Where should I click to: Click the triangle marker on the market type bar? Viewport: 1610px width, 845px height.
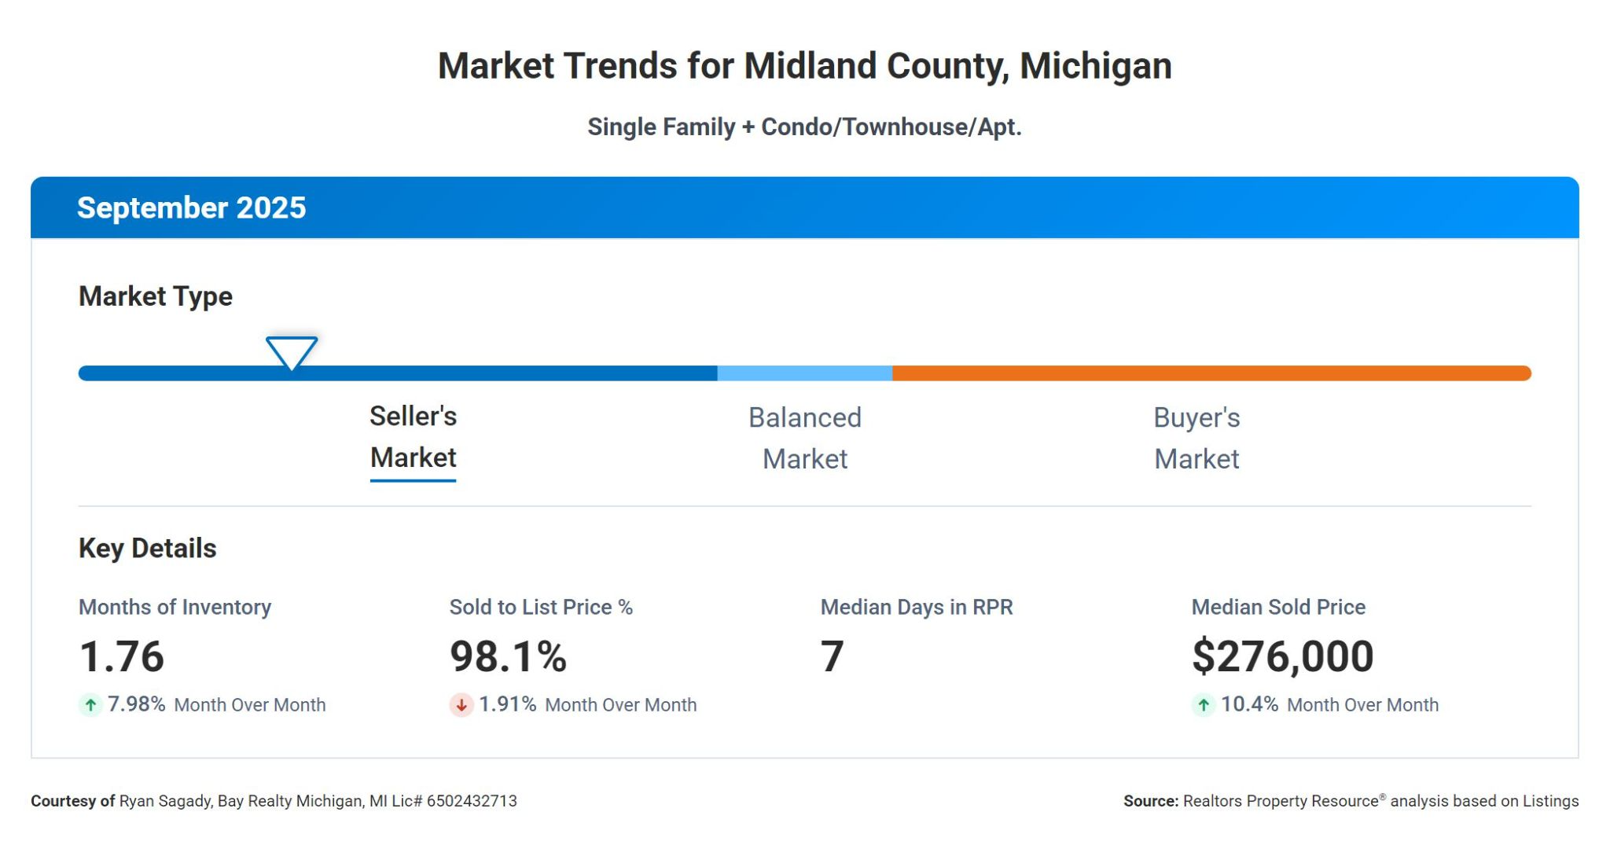click(x=292, y=351)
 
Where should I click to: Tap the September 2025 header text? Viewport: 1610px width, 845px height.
click(x=191, y=208)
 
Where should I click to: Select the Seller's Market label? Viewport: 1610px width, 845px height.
click(x=413, y=437)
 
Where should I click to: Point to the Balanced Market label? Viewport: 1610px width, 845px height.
click(x=804, y=438)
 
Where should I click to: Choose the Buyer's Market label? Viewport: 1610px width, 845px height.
click(x=1196, y=438)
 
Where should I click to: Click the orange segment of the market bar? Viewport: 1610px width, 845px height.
click(x=1211, y=373)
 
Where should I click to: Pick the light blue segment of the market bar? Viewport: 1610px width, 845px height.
click(x=804, y=373)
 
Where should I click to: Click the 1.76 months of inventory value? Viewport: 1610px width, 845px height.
click(x=122, y=656)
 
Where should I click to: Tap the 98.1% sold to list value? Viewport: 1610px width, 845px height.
click(x=508, y=656)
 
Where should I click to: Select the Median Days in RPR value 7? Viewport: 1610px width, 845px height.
click(x=832, y=656)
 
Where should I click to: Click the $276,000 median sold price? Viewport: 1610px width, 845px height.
click(x=1282, y=656)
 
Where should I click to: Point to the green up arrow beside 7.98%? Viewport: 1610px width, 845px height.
click(x=91, y=705)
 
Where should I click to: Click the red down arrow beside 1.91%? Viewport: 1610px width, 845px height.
click(x=461, y=705)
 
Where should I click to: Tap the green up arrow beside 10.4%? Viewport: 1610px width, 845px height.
click(x=1204, y=705)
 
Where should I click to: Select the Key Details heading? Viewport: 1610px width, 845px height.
click(x=147, y=549)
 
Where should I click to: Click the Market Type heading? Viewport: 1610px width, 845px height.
click(x=155, y=296)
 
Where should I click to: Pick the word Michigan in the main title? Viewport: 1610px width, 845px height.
click(x=1095, y=66)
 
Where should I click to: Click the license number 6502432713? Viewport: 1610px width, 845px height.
click(x=472, y=801)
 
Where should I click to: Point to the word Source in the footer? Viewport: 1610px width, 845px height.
click(x=1150, y=801)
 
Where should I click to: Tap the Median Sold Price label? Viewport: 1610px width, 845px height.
click(x=1278, y=607)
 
